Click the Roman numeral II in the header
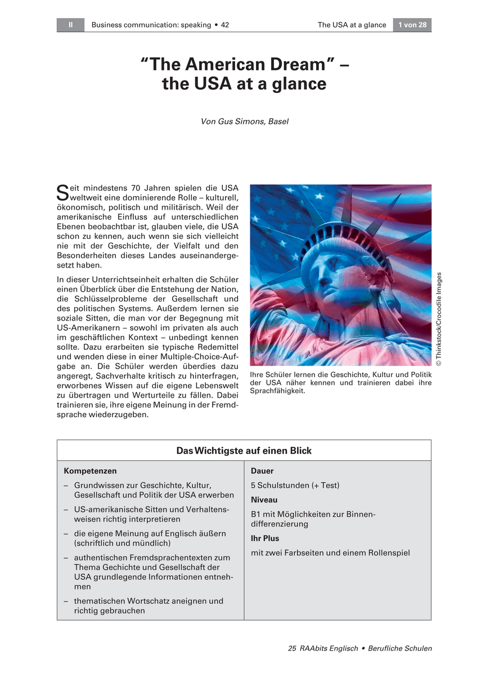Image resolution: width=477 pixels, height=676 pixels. point(70,25)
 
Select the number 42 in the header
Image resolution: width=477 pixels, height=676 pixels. point(224,25)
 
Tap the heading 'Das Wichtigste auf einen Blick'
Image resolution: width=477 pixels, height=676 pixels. point(244,451)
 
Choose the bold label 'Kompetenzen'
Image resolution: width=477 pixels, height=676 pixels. point(90,470)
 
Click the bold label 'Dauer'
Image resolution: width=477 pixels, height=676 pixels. point(262,470)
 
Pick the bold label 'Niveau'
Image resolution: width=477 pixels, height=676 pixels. point(264,500)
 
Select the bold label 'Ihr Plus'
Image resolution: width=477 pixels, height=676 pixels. point(265,538)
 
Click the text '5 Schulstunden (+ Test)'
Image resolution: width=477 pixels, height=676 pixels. point(295,485)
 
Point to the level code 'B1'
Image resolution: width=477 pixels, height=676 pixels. point(256,514)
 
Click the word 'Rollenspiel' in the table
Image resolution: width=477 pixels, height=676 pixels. point(388,553)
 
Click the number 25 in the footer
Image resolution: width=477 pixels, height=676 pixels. point(292,648)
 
